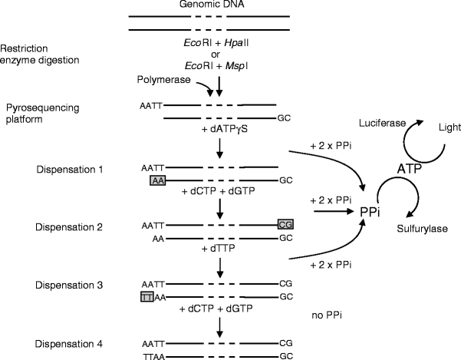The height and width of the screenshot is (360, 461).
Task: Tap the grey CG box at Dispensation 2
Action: pyautogui.click(x=285, y=223)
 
